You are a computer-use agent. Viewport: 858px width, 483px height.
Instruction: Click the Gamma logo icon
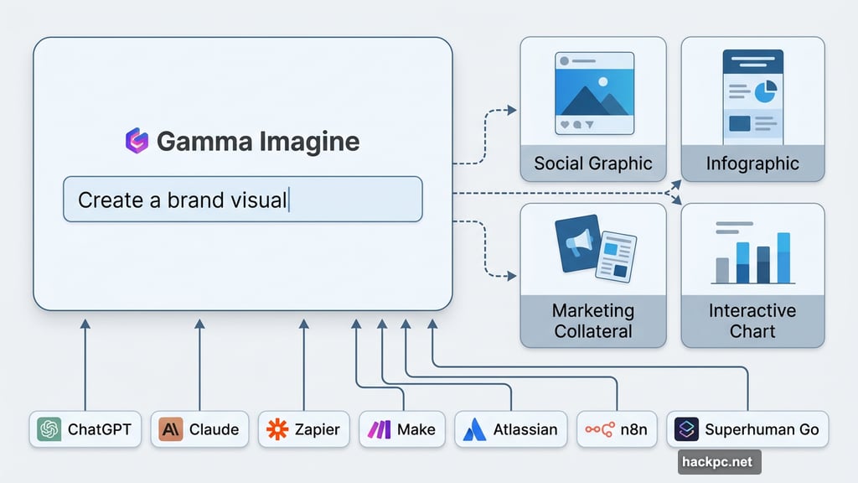(x=136, y=141)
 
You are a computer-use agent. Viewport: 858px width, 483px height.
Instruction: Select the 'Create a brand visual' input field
(x=243, y=200)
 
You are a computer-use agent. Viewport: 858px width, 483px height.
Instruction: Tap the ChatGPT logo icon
(x=49, y=429)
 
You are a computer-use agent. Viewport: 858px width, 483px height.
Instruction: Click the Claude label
(x=214, y=429)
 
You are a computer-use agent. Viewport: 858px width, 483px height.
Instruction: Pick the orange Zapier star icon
(x=277, y=429)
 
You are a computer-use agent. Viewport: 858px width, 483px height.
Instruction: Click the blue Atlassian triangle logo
(x=474, y=429)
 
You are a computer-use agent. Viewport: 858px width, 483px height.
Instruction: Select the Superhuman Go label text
(x=761, y=429)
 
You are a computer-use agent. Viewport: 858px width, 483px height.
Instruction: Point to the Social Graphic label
(x=592, y=163)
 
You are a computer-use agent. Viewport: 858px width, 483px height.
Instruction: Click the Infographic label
(x=752, y=163)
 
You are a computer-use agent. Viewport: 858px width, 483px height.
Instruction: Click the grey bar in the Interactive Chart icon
(x=722, y=269)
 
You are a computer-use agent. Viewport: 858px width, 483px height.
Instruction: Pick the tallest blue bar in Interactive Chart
(x=783, y=257)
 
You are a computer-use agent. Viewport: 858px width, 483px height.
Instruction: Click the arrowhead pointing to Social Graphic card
(x=514, y=110)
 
